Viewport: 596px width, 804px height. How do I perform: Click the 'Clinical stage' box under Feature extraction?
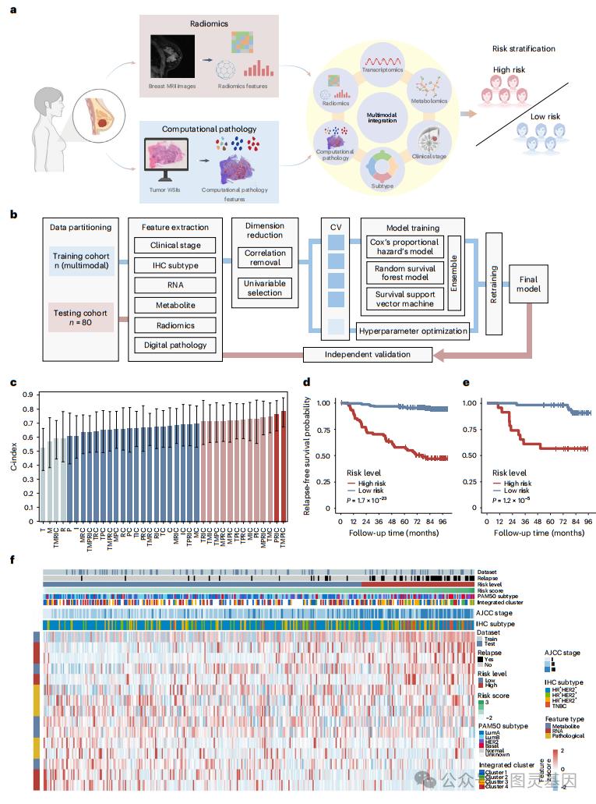175,245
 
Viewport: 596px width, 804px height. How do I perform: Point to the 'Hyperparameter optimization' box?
413,331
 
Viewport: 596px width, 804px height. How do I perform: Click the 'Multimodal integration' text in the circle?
377,117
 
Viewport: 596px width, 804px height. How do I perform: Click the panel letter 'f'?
11,561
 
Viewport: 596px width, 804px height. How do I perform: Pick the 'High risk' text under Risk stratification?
511,70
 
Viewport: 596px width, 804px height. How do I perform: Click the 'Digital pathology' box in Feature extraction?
175,343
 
